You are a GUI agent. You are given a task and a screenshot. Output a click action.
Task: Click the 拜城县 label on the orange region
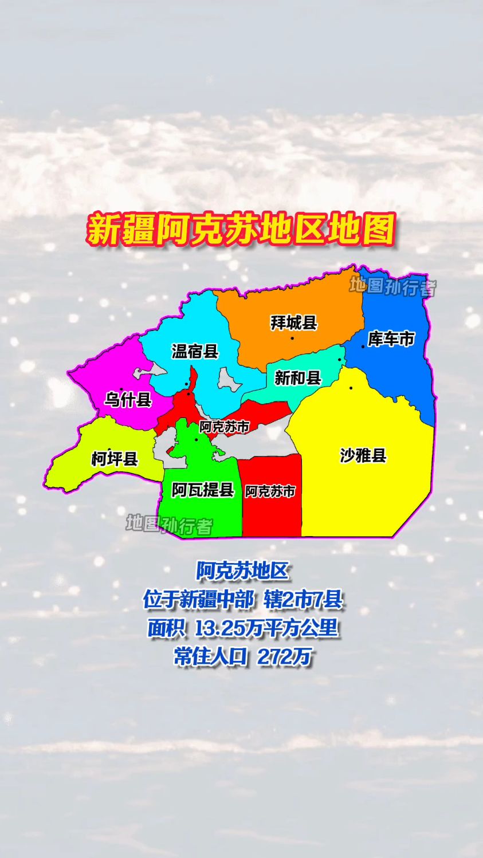[x=294, y=323]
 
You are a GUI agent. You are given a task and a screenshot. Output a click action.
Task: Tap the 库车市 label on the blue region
[x=391, y=339]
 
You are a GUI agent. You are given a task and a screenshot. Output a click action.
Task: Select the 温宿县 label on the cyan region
[x=195, y=351]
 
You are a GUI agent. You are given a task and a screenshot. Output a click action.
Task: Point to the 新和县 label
[x=298, y=378]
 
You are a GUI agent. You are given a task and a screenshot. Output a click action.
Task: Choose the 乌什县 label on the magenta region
[x=128, y=399]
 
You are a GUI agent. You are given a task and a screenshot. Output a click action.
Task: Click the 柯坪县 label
[x=115, y=459]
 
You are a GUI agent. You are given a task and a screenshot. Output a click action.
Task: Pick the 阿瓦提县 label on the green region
[x=203, y=490]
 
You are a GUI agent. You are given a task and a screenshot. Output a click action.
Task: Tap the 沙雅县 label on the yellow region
[x=363, y=456]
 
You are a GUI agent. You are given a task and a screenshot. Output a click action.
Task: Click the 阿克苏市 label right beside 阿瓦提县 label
[x=270, y=491]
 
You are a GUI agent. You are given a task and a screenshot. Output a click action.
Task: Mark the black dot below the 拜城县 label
[x=292, y=338]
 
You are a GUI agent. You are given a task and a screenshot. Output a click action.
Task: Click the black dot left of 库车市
[x=363, y=347]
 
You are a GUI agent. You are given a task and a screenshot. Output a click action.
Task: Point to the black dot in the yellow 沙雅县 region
[x=351, y=388]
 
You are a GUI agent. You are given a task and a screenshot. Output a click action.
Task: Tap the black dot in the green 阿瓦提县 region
[x=196, y=440]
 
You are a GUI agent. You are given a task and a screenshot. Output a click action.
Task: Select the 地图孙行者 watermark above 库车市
[x=393, y=286]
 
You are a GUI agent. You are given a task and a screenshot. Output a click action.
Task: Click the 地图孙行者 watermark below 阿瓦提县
[x=169, y=524]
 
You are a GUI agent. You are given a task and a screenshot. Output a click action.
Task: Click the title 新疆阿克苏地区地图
[x=241, y=230]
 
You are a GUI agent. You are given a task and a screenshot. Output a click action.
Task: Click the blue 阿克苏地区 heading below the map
[x=242, y=571]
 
